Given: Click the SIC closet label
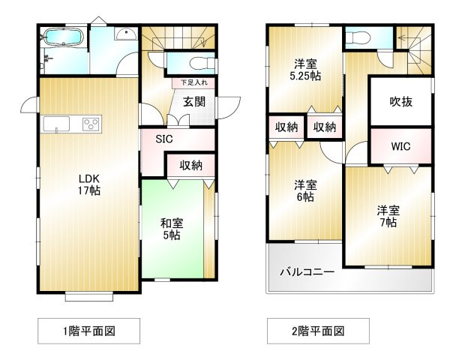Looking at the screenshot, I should (x=164, y=139).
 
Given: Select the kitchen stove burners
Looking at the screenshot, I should (x=90, y=124).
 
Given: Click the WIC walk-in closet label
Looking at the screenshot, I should (x=400, y=146).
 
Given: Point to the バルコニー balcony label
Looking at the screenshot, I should (x=307, y=272).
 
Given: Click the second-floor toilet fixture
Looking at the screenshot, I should (x=358, y=38).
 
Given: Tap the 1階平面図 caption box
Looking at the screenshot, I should (x=88, y=330).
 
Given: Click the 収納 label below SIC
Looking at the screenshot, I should (x=190, y=165).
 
